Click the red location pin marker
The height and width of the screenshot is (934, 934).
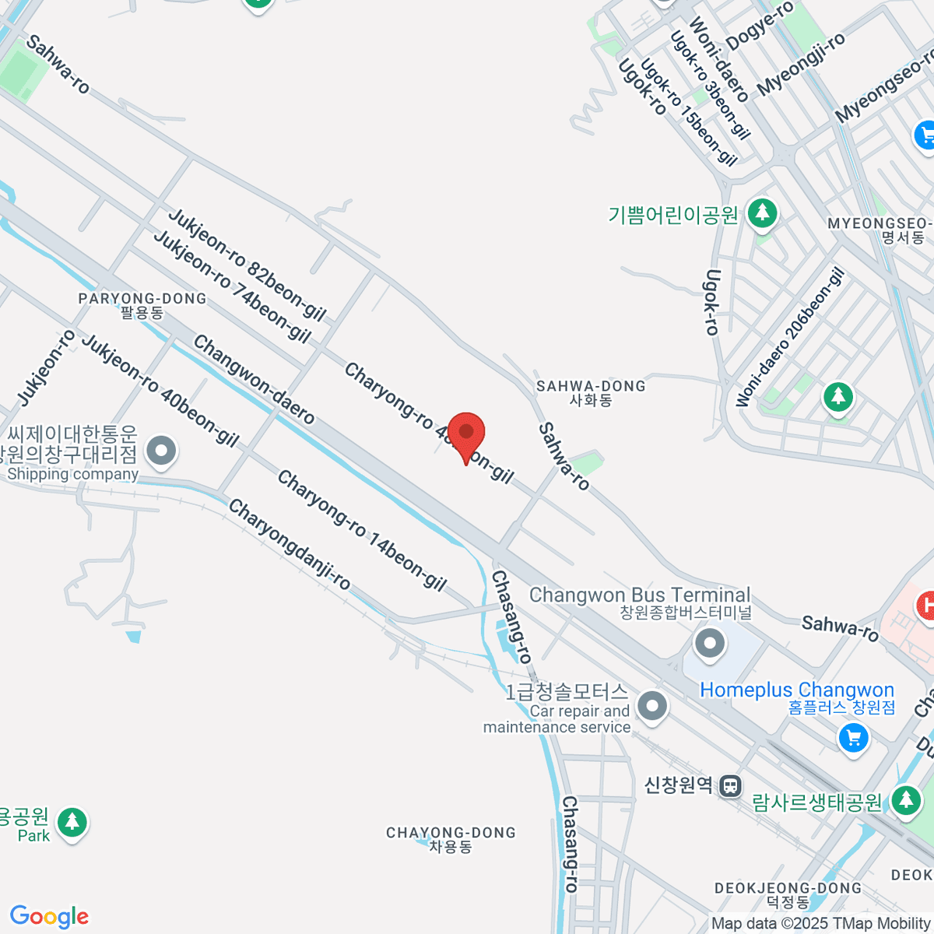466,433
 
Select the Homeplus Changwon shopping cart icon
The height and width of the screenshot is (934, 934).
853,736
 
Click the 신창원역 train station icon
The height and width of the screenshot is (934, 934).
730,785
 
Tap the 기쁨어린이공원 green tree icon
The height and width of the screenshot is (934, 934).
762,212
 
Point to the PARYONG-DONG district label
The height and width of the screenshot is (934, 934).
142,299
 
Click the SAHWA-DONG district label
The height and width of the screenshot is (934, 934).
591,386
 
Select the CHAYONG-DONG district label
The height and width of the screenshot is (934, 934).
451,833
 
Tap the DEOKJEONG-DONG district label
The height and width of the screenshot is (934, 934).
788,888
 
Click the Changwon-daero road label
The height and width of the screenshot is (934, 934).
254,380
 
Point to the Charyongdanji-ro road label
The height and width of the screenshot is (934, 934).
290,544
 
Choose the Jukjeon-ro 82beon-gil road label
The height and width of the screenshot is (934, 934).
247,265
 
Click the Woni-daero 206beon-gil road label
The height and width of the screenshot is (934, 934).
789,338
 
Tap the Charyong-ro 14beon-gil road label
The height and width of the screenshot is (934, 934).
362,532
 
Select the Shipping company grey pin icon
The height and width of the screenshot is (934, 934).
163,450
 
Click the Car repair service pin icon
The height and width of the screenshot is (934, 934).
652,707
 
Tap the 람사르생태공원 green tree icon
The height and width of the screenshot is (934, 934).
905,799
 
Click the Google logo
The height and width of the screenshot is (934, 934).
49,916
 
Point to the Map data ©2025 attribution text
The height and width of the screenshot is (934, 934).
821,924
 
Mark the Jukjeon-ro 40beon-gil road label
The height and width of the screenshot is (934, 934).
160,392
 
